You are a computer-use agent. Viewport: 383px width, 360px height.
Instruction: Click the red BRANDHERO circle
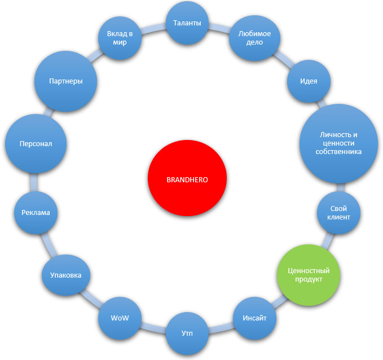187,180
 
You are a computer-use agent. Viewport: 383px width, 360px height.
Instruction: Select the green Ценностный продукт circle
309,274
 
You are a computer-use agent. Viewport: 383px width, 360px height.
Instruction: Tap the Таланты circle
187,24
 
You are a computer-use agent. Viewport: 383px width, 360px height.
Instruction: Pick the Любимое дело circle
254,38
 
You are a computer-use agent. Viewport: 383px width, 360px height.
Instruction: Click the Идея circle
309,81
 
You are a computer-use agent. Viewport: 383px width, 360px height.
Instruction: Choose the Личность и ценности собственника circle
337,143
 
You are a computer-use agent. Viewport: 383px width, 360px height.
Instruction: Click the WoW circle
120,318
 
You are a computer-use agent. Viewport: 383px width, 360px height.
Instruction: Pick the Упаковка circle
66,275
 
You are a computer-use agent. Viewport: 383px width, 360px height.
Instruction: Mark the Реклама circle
36,212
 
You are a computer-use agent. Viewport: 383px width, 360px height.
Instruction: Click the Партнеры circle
66,81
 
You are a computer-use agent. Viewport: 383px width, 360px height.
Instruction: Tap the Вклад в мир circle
120,38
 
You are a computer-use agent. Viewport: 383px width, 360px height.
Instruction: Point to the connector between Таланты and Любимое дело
221,28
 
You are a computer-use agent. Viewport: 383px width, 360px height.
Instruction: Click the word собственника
338,152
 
